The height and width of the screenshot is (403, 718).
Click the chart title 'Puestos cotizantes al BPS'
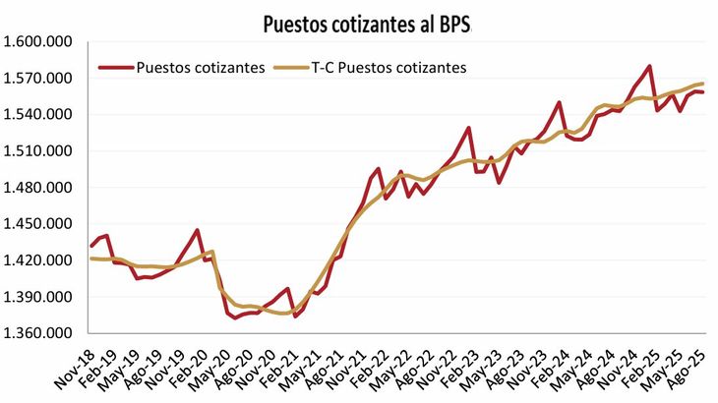[368, 24]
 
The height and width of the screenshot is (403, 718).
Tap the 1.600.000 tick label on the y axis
[38, 42]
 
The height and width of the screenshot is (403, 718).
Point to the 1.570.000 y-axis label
[38, 79]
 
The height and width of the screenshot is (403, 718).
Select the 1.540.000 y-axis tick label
[38, 115]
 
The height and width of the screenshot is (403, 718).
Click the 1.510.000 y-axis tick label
[38, 151]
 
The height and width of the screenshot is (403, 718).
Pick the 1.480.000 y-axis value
[38, 188]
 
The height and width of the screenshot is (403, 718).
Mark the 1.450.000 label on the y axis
[38, 224]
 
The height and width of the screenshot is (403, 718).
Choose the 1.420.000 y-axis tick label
[38, 260]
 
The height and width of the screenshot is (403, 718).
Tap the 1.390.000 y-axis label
[38, 297]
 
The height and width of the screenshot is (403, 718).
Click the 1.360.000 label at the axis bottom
[38, 333]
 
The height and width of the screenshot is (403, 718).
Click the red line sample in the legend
[116, 68]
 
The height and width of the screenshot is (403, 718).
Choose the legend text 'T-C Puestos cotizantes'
[388, 68]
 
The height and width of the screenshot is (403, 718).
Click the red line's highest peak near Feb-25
[650, 66]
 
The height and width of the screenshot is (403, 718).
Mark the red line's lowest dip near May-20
[234, 318]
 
